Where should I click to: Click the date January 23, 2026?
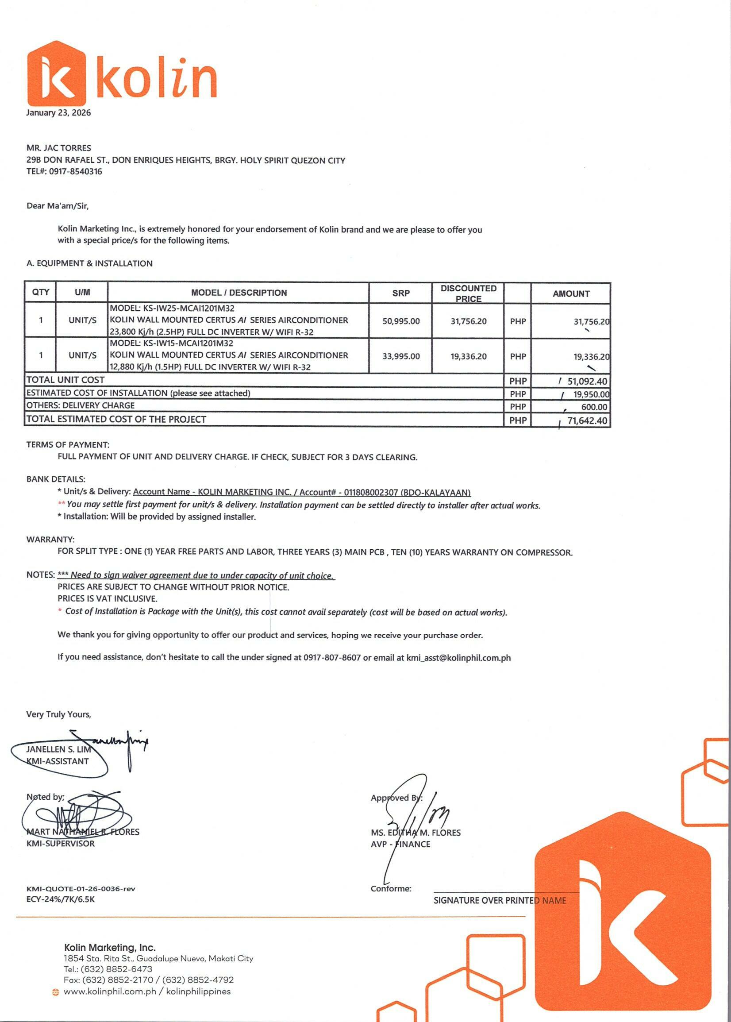pos(58,112)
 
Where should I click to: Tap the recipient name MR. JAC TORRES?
pos(58,148)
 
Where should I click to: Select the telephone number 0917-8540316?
pos(76,172)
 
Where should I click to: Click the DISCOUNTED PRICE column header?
pos(468,293)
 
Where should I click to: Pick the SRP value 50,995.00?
pos(400,321)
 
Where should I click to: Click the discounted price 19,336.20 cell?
pos(468,356)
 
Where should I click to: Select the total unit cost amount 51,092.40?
pos(586,382)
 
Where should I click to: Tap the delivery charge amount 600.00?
pos(594,407)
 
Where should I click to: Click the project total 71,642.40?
pos(586,420)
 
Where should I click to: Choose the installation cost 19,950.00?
pos(591,394)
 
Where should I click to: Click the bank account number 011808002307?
pos(370,492)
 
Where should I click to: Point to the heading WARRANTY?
pos(50,540)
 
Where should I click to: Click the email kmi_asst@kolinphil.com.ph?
pos(458,658)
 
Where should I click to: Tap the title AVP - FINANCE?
pos(400,844)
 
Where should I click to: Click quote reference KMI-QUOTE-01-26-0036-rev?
pos(81,889)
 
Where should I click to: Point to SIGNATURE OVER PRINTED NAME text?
pos(500,900)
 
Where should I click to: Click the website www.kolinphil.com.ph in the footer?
pos(110,991)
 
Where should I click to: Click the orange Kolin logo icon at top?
pos(56,73)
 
